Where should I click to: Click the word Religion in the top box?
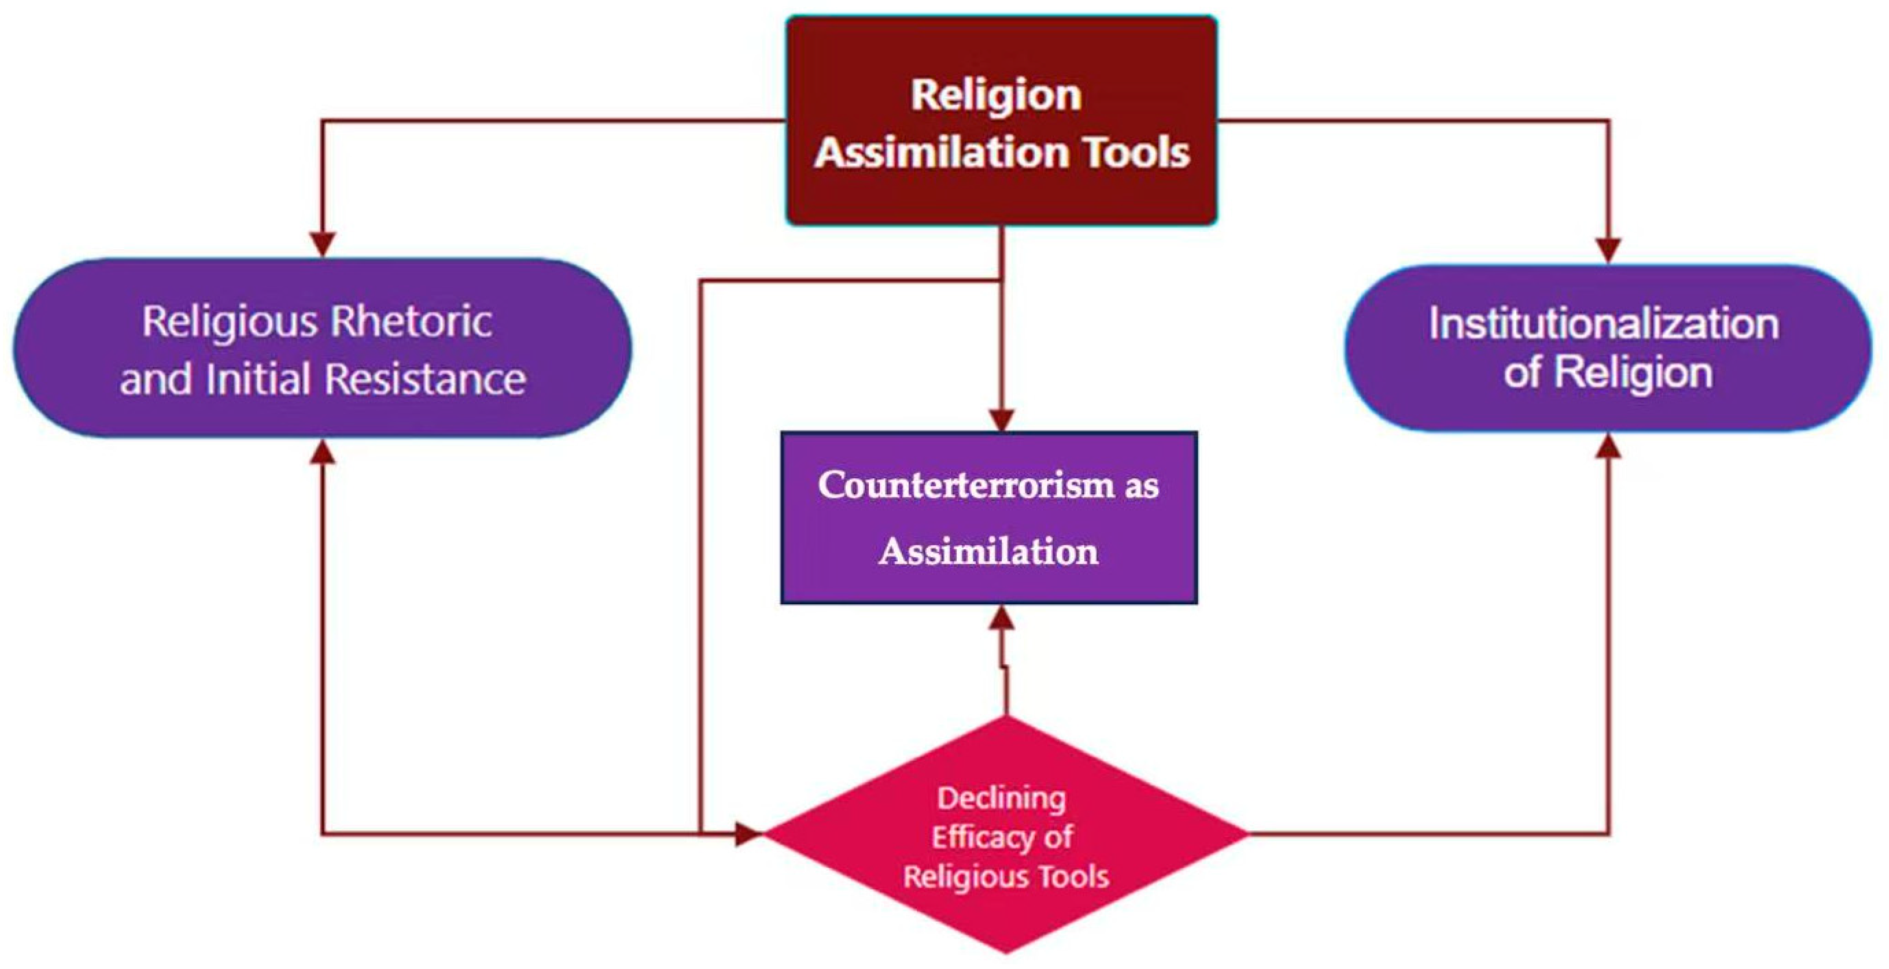996,96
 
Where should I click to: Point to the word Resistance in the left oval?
425,379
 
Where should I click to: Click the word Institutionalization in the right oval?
1604,324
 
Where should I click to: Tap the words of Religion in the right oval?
1607,373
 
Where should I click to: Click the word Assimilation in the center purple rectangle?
988,552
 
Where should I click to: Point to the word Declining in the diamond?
1001,798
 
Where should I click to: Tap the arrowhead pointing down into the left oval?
323,243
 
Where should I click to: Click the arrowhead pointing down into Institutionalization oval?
1608,250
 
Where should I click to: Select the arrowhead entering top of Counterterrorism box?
1002,420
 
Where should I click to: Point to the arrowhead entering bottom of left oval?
323,453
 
